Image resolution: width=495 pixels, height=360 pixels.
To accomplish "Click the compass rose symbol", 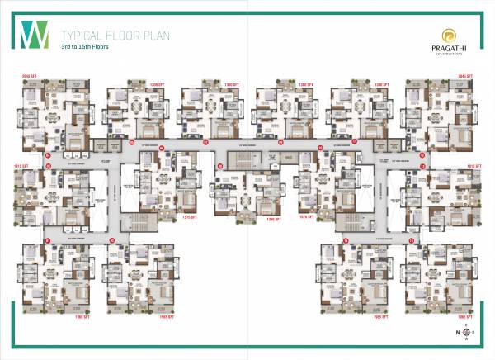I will pyautogui.click(x=466, y=333).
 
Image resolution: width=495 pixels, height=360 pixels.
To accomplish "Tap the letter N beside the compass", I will pyautogui.click(x=457, y=333).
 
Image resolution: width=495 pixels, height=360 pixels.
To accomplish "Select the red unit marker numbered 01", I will pyautogui.click(x=49, y=241).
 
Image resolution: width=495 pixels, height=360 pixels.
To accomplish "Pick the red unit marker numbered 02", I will pyautogui.click(x=111, y=241).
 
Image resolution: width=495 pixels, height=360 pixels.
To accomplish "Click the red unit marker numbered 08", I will pyautogui.click(x=220, y=167).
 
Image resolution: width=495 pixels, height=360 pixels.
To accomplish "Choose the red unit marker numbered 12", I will pyautogui.click(x=422, y=154).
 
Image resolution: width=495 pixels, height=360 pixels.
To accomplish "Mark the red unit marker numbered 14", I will pyautogui.click(x=410, y=241).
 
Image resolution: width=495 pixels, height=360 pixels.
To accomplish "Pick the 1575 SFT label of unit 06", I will pyautogui.click(x=187, y=218).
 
